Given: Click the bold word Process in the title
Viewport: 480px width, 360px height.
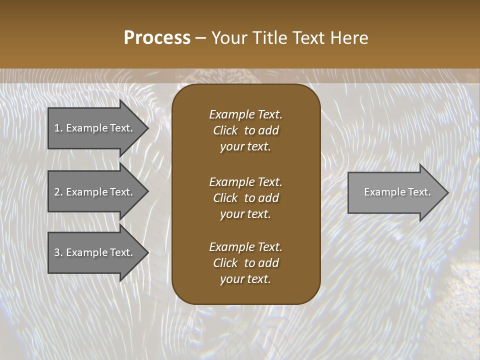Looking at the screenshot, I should (157, 38).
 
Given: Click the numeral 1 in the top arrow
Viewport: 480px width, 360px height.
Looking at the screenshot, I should (57, 128).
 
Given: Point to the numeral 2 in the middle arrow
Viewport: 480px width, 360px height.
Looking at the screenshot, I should (57, 192).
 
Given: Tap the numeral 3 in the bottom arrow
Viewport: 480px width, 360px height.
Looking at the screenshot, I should (57, 252).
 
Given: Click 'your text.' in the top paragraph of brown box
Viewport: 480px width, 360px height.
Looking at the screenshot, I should (245, 147).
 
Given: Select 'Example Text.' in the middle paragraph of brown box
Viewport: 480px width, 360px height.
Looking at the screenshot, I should (245, 181).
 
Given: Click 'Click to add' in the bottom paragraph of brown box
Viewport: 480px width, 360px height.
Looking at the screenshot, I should (245, 263).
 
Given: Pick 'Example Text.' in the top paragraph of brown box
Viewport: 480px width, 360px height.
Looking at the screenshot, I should (245, 114).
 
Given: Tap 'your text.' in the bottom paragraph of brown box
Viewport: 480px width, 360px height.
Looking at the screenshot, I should (245, 279).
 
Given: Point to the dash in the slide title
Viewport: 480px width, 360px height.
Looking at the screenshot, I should (200, 38).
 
